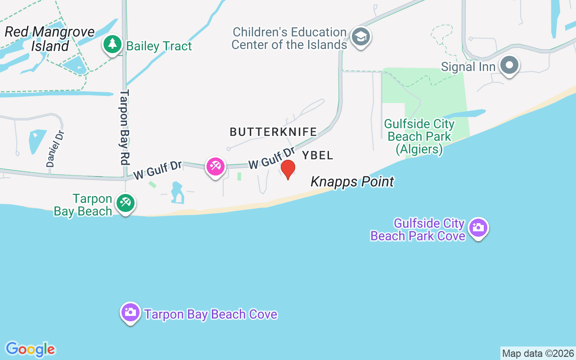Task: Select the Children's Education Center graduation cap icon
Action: [x=360, y=37]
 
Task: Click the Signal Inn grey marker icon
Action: [x=509, y=65]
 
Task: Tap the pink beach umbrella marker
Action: [x=216, y=167]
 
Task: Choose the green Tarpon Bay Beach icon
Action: [x=125, y=203]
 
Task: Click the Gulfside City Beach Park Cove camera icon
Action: [x=478, y=228]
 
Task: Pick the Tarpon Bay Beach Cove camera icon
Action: [x=130, y=312]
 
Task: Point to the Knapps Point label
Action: [x=352, y=182]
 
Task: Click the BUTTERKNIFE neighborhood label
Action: [x=273, y=132]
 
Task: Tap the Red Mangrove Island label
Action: [x=49, y=39]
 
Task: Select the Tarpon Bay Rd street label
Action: [x=125, y=127]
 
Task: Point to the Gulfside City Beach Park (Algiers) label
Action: [x=419, y=136]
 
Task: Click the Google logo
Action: [x=30, y=349]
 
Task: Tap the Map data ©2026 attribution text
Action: [x=538, y=353]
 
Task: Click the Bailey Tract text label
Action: [x=159, y=46]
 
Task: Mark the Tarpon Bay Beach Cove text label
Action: [x=211, y=314]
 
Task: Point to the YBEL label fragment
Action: [x=318, y=156]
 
